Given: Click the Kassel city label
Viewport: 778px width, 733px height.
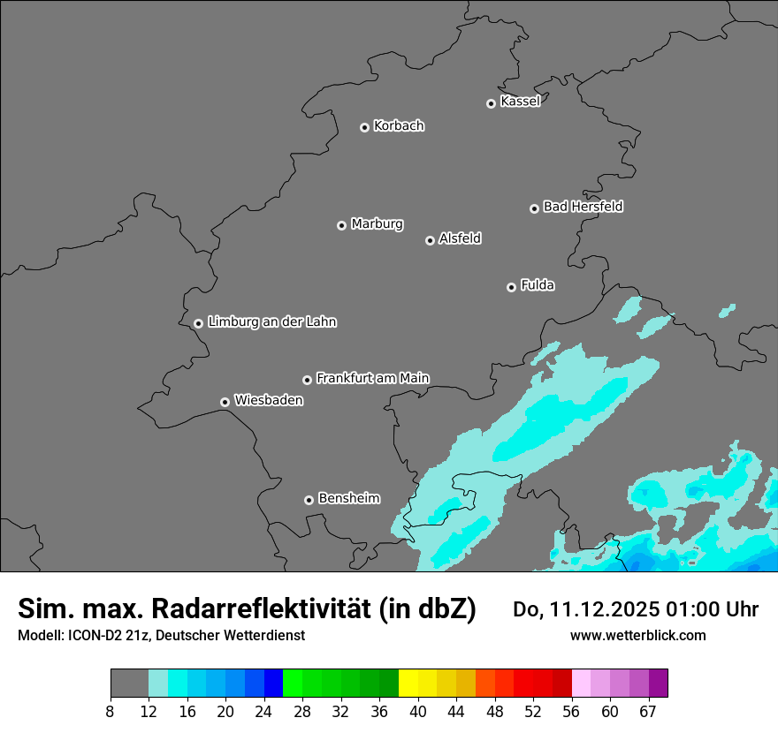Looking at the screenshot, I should (x=520, y=102).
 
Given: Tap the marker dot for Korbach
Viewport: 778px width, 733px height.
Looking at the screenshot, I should (x=364, y=127).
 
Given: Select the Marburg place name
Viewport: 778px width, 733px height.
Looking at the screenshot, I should (x=377, y=223).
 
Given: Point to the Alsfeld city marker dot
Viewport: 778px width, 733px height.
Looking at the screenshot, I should (x=430, y=240).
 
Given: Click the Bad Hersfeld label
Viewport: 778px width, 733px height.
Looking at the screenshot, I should (x=583, y=207).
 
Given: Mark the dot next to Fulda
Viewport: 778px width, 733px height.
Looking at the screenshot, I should (x=511, y=287).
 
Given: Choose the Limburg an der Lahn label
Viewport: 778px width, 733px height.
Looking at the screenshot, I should (x=271, y=321).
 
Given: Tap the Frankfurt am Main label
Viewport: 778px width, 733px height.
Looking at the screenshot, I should (x=372, y=378).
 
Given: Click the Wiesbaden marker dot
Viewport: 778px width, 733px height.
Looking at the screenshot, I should (x=225, y=402).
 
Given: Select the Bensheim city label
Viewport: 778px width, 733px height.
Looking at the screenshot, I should (x=348, y=498).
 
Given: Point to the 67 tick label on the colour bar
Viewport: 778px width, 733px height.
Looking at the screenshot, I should (x=648, y=711).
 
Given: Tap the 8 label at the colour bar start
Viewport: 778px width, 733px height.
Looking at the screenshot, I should (x=111, y=711).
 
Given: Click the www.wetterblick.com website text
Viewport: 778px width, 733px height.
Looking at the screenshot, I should (x=637, y=635).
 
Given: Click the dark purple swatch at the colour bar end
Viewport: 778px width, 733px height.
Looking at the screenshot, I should (x=658, y=684).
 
